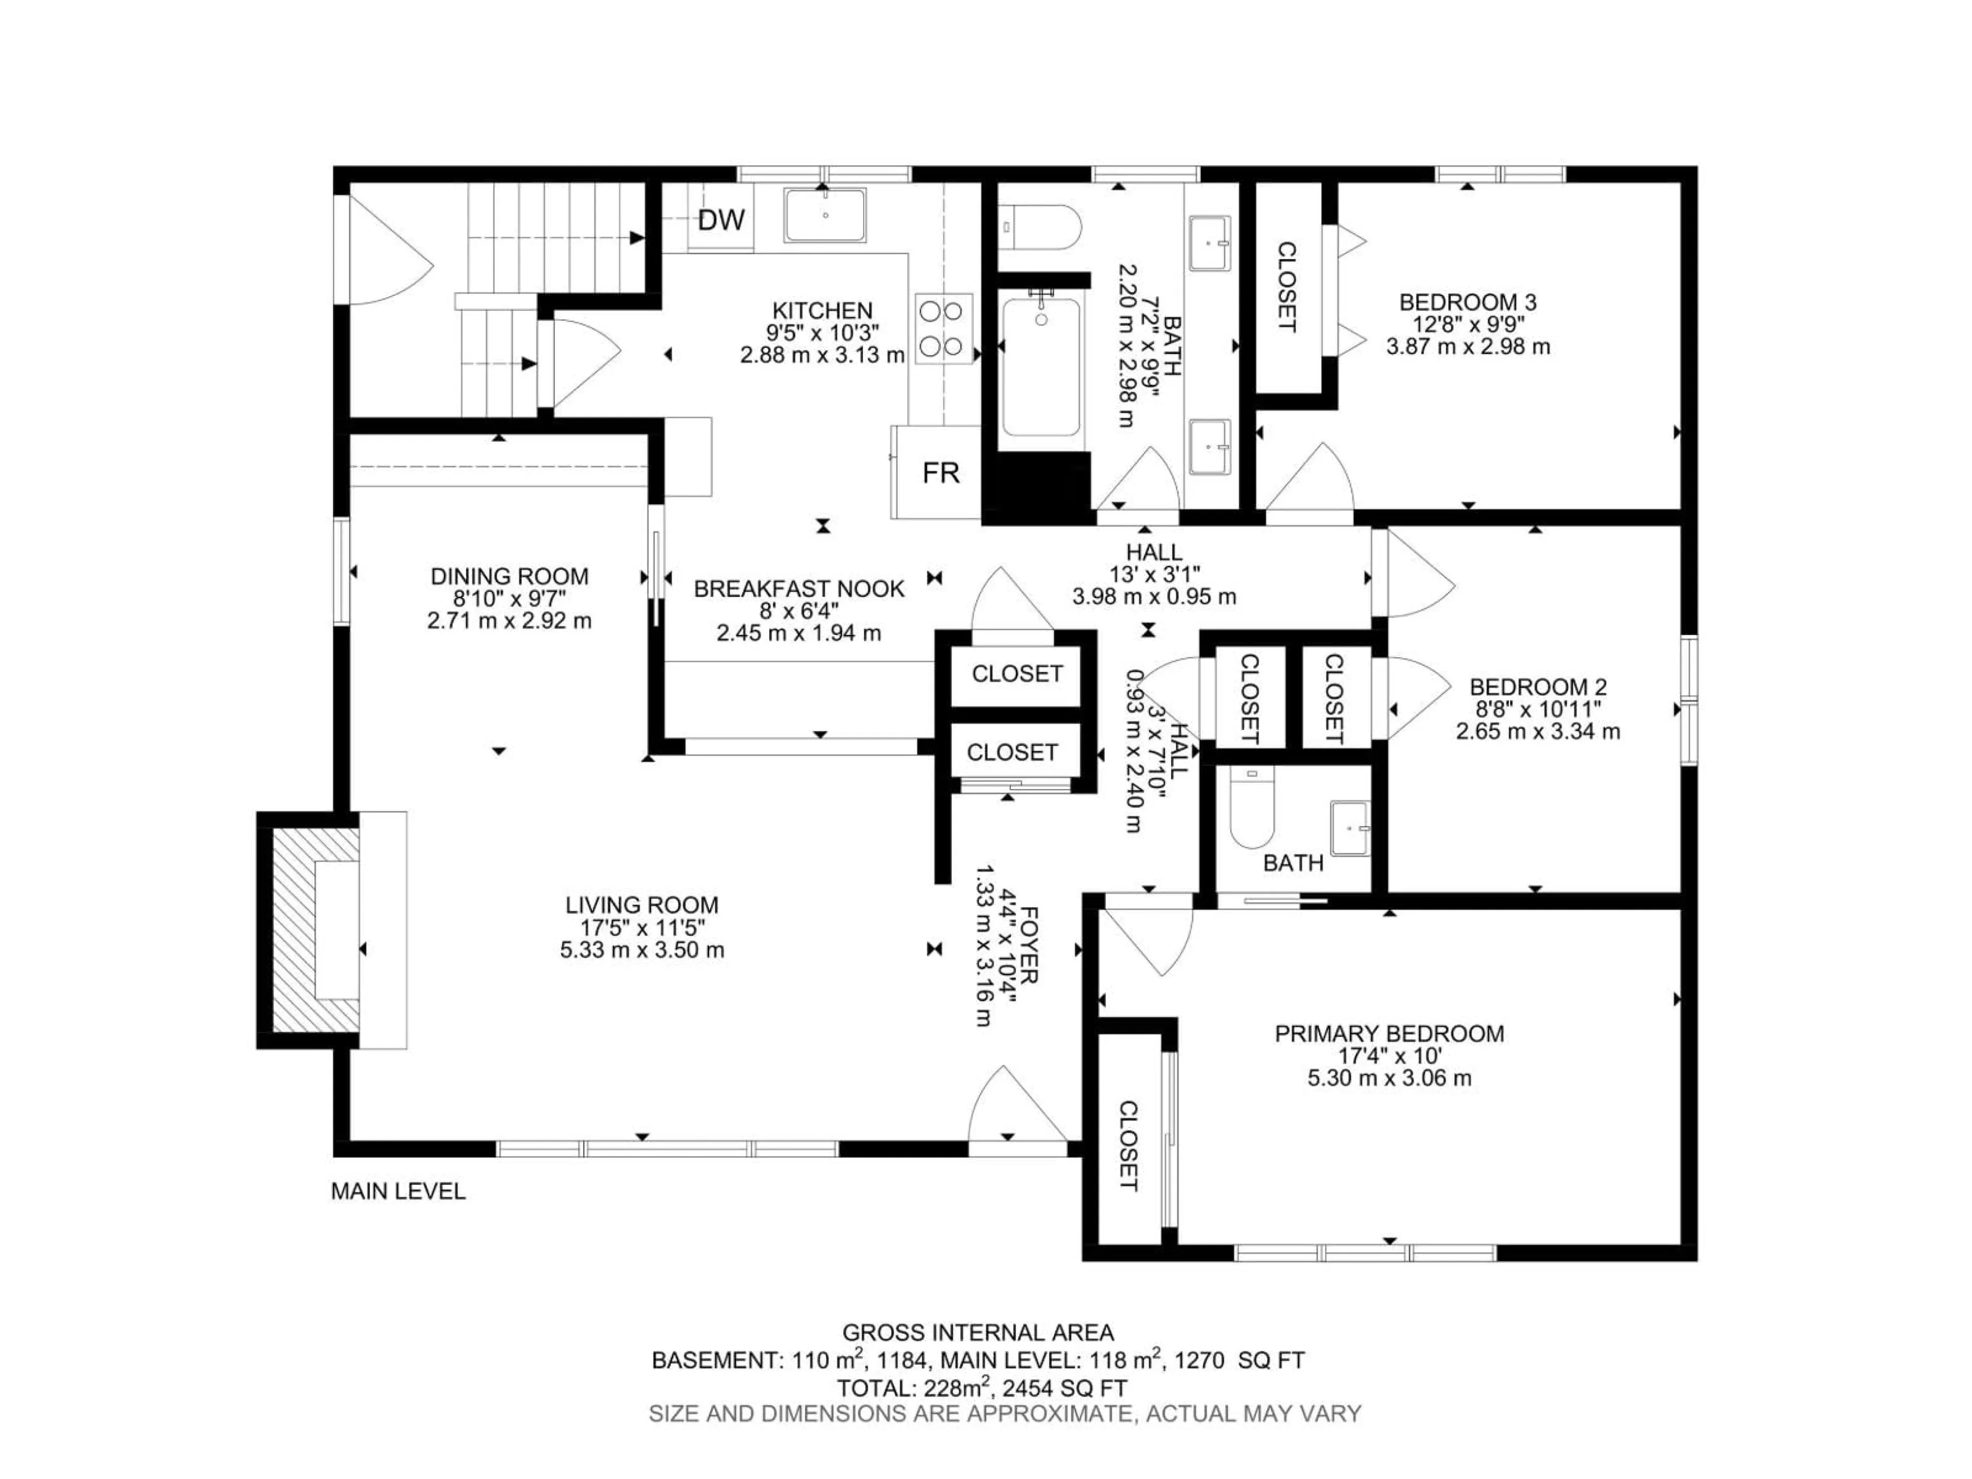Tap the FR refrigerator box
(940, 472)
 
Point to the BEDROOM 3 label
(1467, 302)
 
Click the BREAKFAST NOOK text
(799, 589)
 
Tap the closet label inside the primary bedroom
(1129, 1146)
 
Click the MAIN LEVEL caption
(397, 1191)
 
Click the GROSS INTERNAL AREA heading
(978, 1333)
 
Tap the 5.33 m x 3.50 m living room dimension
(642, 950)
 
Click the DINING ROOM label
(509, 576)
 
